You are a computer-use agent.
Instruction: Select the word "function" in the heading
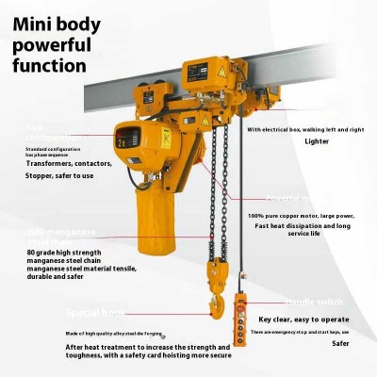point(50,66)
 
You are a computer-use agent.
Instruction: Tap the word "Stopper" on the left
point(41,175)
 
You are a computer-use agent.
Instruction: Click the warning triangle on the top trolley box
point(224,71)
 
